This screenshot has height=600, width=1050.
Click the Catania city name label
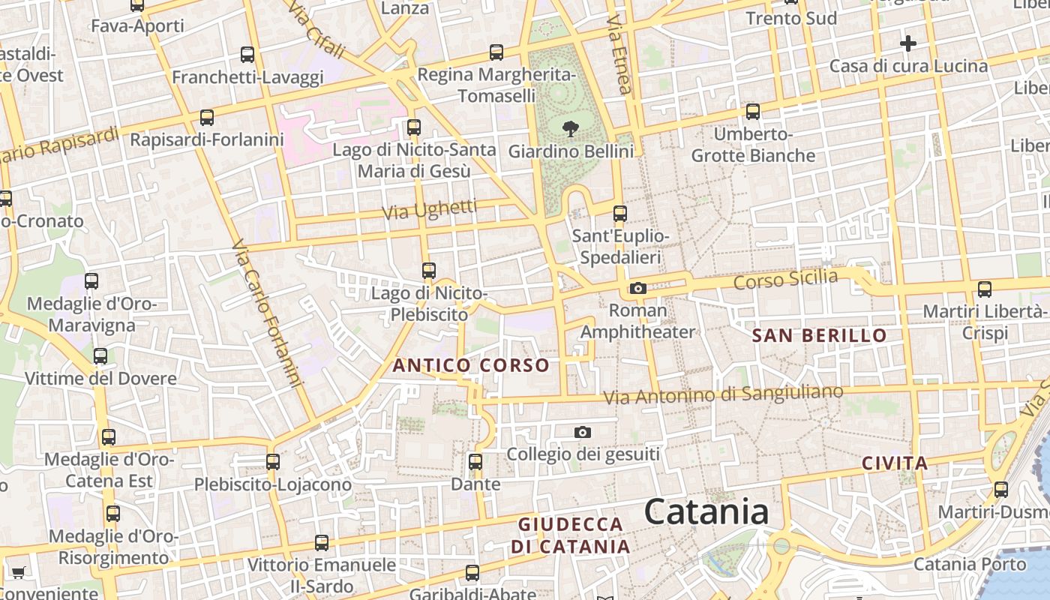click(x=706, y=512)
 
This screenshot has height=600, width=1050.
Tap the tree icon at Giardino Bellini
click(x=571, y=128)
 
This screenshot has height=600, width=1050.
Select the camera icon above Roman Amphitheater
click(x=638, y=288)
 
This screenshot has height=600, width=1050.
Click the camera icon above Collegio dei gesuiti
click(x=583, y=432)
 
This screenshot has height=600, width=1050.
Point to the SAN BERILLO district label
click(x=819, y=335)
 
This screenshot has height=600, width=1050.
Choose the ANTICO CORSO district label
click(x=471, y=365)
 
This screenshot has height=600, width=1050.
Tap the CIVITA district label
click(x=895, y=463)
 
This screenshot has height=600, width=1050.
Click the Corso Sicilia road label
click(x=785, y=280)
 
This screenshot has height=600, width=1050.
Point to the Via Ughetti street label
click(x=429, y=209)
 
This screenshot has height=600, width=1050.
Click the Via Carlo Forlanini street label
click(x=267, y=313)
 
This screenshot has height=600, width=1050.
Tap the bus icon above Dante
click(x=475, y=462)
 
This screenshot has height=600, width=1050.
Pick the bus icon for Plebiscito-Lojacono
click(x=273, y=462)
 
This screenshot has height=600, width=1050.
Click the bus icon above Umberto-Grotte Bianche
click(x=753, y=112)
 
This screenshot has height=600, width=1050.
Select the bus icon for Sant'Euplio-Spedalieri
click(x=620, y=214)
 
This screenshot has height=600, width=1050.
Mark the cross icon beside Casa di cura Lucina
click(x=908, y=43)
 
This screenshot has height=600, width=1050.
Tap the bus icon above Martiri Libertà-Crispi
click(x=985, y=289)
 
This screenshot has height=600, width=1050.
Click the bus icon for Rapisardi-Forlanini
click(x=207, y=118)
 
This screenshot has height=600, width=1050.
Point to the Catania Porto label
click(x=970, y=564)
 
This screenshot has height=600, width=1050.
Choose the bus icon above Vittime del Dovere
click(x=100, y=356)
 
